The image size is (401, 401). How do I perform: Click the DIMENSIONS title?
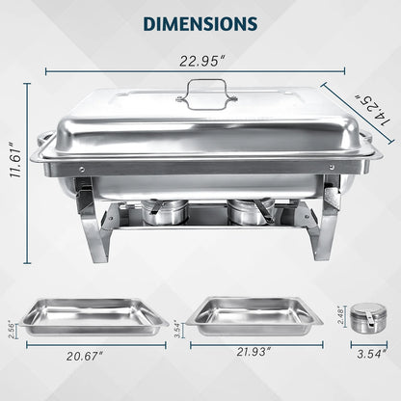click(x=200, y=21)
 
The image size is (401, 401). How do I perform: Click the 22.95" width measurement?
click(x=195, y=61)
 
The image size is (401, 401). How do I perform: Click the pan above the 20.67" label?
click(x=94, y=315)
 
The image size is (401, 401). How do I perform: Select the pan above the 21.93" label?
click(x=252, y=314)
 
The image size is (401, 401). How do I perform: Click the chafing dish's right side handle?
click(x=372, y=150)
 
